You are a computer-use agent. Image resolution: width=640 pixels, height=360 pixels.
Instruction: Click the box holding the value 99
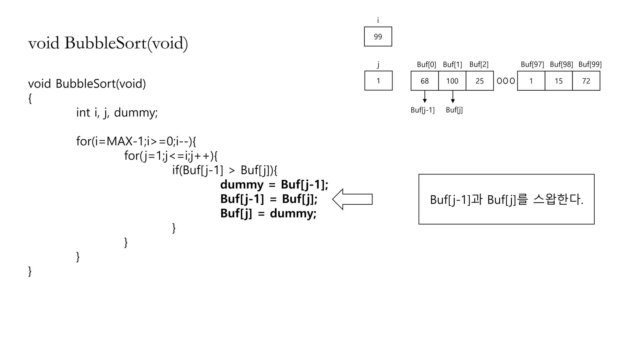pos(378,37)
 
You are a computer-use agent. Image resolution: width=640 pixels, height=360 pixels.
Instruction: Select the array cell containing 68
pos(424,81)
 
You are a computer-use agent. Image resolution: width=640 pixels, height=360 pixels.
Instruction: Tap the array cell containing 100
pos(452,81)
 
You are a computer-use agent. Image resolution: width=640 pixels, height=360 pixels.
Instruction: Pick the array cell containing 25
pos(479,81)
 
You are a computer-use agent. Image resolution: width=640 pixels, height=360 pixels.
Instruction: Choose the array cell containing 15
pos(558,81)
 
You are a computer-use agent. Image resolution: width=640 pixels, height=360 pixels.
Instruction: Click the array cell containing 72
pos(586,81)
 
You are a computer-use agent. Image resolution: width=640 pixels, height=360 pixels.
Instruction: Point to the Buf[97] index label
pos(532,64)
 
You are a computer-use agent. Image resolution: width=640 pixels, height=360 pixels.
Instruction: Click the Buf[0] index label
pos(426,64)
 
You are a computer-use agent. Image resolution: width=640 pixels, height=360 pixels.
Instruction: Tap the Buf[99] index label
pos(590,64)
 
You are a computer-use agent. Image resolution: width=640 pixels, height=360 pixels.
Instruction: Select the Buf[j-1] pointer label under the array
pos(422,110)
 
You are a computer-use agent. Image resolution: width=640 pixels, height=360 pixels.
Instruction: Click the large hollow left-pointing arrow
pos(352,199)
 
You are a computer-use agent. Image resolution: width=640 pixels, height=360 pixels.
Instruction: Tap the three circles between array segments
pos(506,81)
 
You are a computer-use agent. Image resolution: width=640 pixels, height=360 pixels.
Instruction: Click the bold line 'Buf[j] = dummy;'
pos(268,213)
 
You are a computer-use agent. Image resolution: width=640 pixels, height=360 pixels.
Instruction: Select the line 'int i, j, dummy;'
pos(117,112)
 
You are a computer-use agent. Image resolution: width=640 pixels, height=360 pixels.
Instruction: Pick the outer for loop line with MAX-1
pos(136,141)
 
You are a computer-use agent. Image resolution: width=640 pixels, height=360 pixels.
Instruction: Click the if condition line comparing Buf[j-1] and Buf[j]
pos(225,170)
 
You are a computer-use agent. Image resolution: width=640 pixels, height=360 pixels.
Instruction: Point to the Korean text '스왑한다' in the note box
pos(557,199)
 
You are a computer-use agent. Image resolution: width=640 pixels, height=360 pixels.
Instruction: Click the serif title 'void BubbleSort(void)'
pos(108,43)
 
